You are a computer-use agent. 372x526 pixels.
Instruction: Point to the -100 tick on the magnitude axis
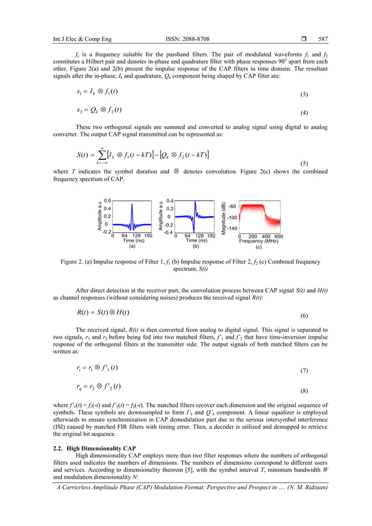(x=231, y=217)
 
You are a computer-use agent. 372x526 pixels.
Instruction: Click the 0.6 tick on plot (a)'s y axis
(x=107, y=201)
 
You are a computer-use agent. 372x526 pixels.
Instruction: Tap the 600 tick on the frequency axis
(x=279, y=236)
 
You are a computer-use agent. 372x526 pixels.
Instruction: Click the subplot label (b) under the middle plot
(x=196, y=246)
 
